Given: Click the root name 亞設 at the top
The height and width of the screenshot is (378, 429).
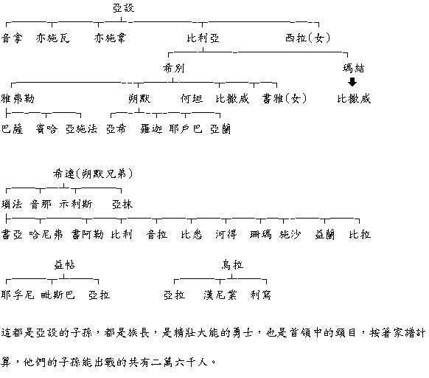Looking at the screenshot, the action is pos(124,8).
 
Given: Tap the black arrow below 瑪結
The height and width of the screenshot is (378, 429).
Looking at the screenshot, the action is pos(352,82).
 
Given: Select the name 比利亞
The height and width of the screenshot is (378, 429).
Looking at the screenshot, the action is pos(203,38).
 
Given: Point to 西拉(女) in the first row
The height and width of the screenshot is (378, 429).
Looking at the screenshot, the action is pos(308,38).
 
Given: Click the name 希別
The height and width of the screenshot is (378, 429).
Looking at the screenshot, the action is pos(173,68).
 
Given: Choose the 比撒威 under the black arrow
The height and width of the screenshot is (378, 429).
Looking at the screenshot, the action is pos(354,98).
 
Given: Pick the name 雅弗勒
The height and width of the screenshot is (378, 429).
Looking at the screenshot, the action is pos(18,98).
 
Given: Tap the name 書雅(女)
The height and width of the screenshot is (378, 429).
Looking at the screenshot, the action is pos(285,98).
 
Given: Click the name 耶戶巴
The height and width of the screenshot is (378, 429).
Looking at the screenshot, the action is pos(186,128).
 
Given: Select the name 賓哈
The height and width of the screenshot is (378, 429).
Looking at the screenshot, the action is pos(46,128).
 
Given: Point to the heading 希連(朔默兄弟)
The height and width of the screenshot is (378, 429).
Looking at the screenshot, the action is pos(93,173).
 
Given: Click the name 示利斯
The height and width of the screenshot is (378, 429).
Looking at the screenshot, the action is pos(76,205).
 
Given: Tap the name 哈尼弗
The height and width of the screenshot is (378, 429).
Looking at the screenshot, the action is pos(46,234).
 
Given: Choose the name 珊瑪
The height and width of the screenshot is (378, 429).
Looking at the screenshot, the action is pos(261,234).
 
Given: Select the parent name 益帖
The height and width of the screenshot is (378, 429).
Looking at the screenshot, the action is pos(64,265).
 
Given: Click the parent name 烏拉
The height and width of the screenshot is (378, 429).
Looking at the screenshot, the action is pos(232,265).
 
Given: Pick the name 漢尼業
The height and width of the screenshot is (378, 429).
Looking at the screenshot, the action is pos(220,295).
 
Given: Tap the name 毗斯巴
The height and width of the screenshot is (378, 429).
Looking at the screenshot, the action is pos(57,295).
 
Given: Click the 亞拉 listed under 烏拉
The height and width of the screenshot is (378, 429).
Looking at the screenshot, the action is pos(174,295).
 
